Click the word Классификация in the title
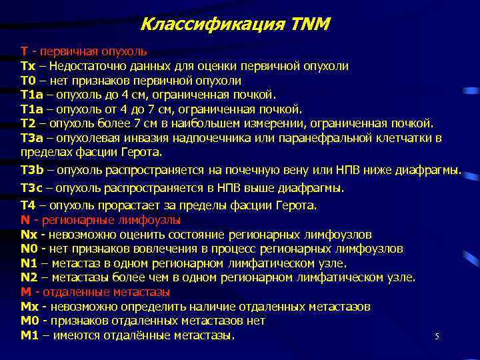coord(213,25)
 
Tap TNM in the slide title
coord(311,25)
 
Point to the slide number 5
coord(437,337)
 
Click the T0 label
coord(27,80)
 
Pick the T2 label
coord(27,123)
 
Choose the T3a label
coord(31,137)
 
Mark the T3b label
coord(31,170)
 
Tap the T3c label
coord(30,188)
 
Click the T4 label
coord(27,205)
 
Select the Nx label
coord(28,235)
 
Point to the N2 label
coord(29,277)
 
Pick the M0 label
coord(29,321)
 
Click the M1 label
coord(29,335)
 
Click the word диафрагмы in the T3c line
coord(313,188)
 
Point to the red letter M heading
coord(25,292)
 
